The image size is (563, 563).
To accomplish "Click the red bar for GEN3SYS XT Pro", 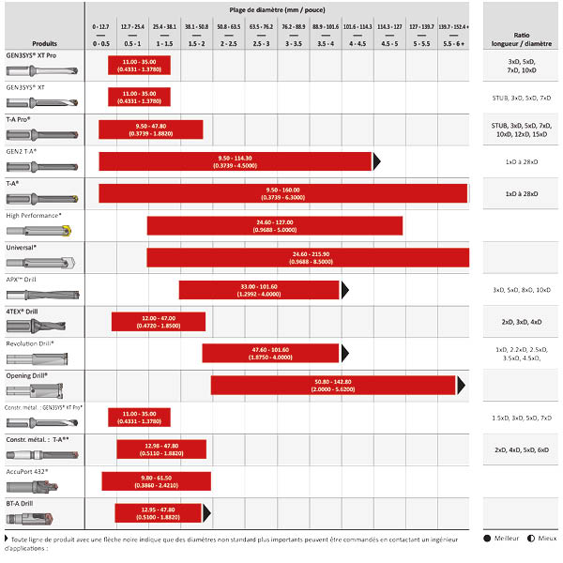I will tap(141, 65).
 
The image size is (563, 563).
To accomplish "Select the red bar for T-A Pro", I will tap(150, 129).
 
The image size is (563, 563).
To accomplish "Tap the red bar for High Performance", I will tap(274, 225).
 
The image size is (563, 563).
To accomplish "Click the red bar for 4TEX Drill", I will tap(157, 321).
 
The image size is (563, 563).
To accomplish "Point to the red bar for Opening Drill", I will tap(333, 385).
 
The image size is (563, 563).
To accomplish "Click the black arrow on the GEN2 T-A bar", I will tap(377, 161).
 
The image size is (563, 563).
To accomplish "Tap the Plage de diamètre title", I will tap(281, 8).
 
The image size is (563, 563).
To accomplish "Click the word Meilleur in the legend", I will tap(507, 538).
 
